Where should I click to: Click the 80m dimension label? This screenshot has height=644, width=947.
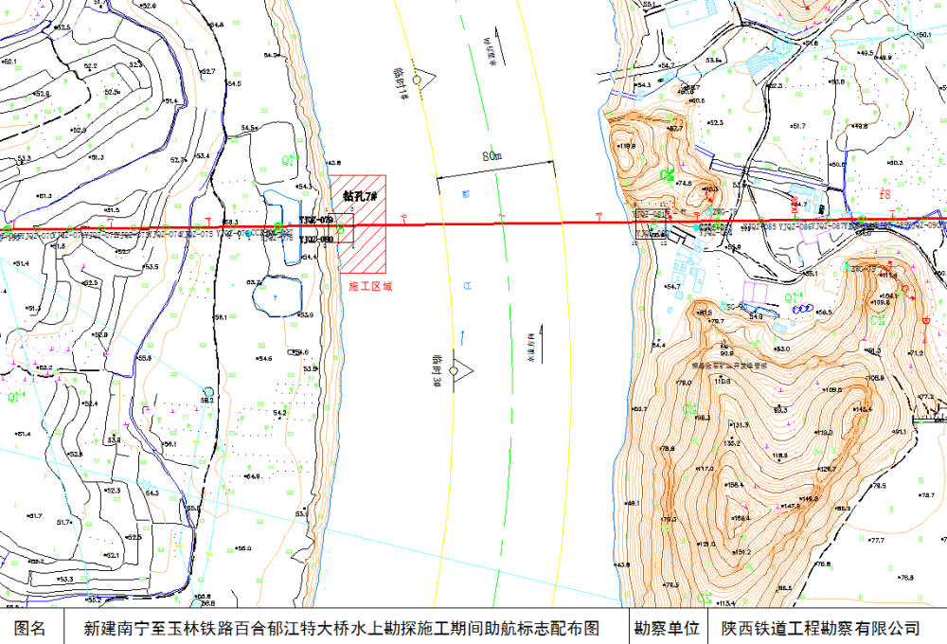491,154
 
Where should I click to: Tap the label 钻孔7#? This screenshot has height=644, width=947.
360,196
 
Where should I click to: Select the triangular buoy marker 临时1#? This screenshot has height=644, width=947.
417,78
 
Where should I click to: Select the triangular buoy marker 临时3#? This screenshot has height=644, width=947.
454,370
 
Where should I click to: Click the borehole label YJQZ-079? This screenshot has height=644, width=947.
316,220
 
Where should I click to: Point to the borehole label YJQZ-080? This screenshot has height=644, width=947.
316,240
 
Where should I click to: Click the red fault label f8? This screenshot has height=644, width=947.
885,195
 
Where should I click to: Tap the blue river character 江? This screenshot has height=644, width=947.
467,285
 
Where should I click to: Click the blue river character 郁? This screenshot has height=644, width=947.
465,193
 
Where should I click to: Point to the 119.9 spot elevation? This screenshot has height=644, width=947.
627,147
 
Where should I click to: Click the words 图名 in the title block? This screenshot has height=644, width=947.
31,628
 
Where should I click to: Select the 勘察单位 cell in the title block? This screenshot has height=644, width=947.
667,628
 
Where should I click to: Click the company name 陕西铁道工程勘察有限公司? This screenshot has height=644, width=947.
820,628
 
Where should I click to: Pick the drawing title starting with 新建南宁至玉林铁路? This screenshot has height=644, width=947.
342,628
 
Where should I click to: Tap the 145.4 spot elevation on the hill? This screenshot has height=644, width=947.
862,409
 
